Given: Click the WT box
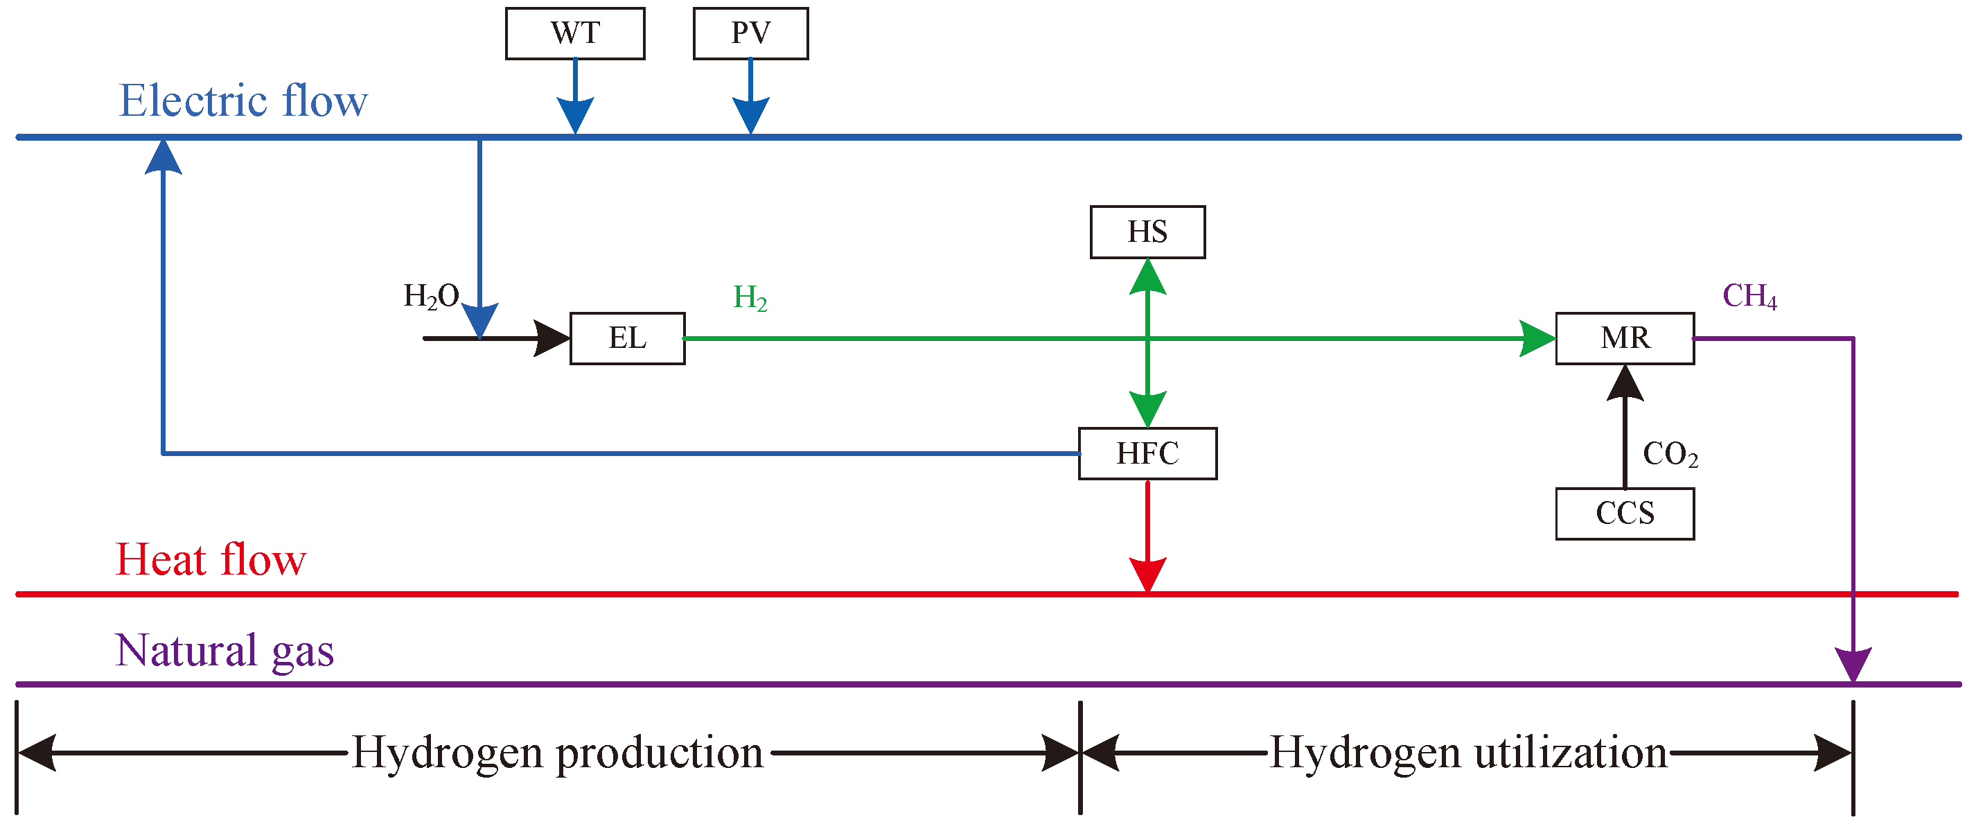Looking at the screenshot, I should pyautogui.click(x=574, y=33).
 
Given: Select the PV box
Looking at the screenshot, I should pyautogui.click(x=750, y=33).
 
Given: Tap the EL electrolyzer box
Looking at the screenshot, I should pyautogui.click(x=627, y=338).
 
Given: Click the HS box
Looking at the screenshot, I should pyautogui.click(x=1147, y=231).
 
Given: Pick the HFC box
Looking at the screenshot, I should pyautogui.click(x=1147, y=453).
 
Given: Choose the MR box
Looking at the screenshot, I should pyautogui.click(x=1624, y=338).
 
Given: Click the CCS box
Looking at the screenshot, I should pyautogui.click(x=1624, y=514).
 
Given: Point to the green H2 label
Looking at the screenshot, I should pyautogui.click(x=750, y=298).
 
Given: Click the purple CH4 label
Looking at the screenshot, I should pyautogui.click(x=1749, y=296).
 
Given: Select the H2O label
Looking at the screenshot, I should pyautogui.click(x=431, y=296).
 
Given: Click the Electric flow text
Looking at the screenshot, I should pyautogui.click(x=243, y=100).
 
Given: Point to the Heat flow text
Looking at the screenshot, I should pyautogui.click(x=210, y=559).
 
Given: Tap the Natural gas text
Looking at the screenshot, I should pyautogui.click(x=224, y=651).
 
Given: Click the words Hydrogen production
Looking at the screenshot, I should pyautogui.click(x=557, y=753).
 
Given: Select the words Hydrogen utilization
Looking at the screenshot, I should pyautogui.click(x=1468, y=753).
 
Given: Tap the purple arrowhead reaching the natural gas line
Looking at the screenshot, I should pyautogui.click(x=1853, y=664).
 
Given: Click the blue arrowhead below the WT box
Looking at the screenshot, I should pyautogui.click(x=574, y=116).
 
